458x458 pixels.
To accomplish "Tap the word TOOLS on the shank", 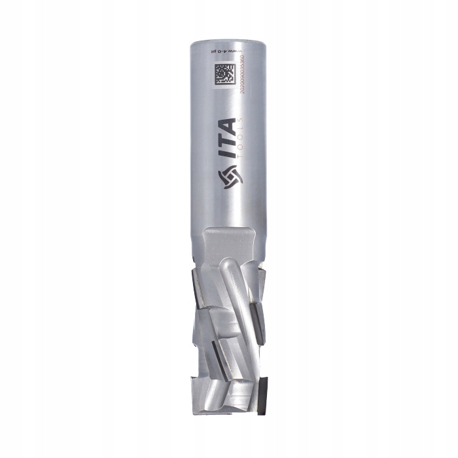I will point(241,142).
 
